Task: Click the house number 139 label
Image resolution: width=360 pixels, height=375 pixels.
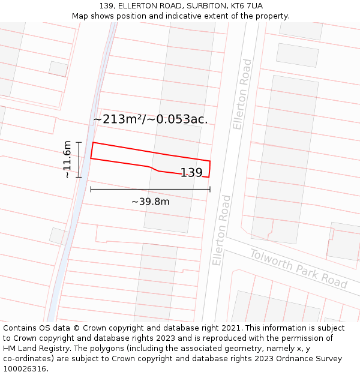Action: [191, 173]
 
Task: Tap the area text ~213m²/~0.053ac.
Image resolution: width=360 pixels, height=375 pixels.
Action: [151, 119]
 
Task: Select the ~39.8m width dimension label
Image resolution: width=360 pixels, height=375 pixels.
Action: [151, 202]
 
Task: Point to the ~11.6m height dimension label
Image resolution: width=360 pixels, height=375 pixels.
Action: [67, 160]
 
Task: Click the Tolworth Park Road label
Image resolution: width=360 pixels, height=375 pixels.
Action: [299, 268]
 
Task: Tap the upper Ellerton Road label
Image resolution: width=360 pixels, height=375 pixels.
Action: [242, 94]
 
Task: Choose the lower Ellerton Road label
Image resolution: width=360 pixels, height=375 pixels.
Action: [221, 230]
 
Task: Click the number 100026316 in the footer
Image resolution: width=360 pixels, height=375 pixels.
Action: [25, 369]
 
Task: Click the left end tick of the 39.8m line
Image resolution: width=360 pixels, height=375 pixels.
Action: [91, 190]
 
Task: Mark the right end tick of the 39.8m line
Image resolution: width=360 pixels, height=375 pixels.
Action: [210, 190]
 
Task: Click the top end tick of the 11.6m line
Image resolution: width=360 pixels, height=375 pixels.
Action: [79, 142]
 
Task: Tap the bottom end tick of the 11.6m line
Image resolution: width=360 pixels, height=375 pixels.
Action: [79, 177]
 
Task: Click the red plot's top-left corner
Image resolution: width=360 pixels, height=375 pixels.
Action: [93, 143]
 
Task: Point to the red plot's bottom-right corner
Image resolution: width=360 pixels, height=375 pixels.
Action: [209, 177]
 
